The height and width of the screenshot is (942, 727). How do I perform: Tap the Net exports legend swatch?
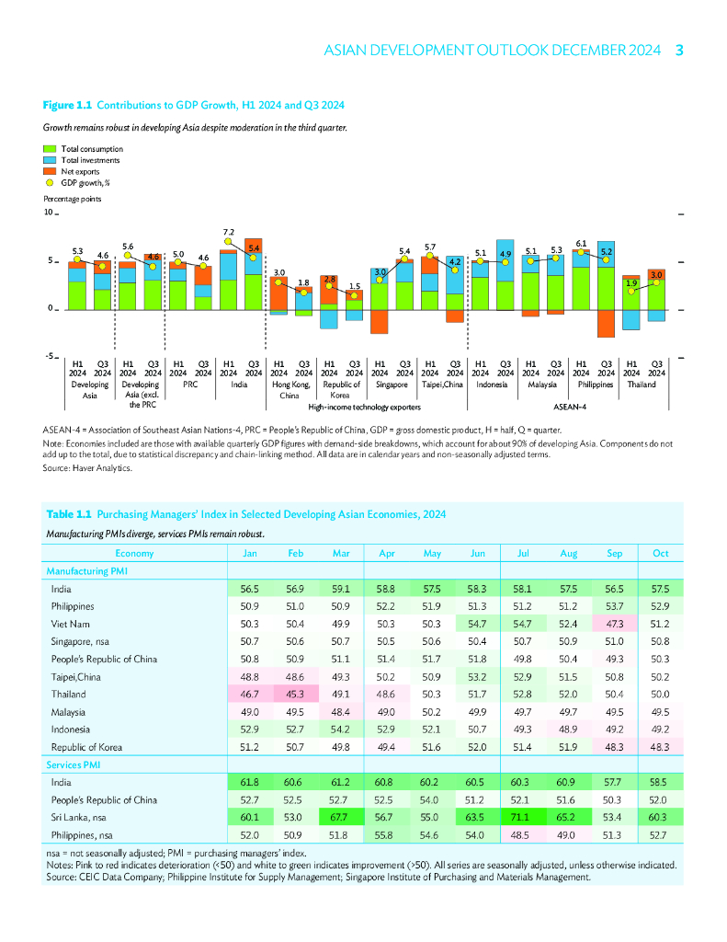[x=50, y=171]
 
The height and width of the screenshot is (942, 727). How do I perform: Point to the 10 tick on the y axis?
[x=48, y=213]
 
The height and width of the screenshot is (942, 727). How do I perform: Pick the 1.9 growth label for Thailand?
[x=631, y=283]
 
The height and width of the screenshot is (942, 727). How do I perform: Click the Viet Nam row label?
[x=68, y=624]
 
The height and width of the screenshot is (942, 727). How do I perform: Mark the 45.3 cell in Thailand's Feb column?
[x=295, y=695]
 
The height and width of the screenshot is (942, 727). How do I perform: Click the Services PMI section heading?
[x=74, y=764]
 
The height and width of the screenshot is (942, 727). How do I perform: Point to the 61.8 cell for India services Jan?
[x=249, y=781]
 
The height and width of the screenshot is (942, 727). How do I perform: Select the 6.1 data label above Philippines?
[x=581, y=244]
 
